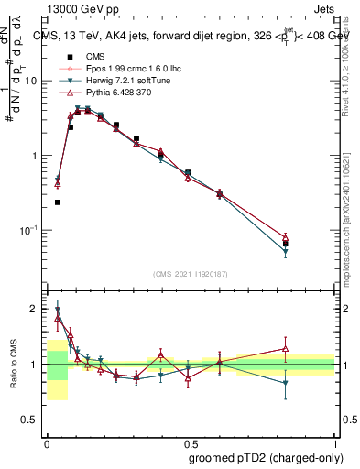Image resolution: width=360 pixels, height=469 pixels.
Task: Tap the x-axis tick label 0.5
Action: point(190,442)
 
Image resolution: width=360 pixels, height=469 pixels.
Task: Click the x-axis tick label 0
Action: point(47,442)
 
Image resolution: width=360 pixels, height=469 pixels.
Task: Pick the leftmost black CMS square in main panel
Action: point(57,202)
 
